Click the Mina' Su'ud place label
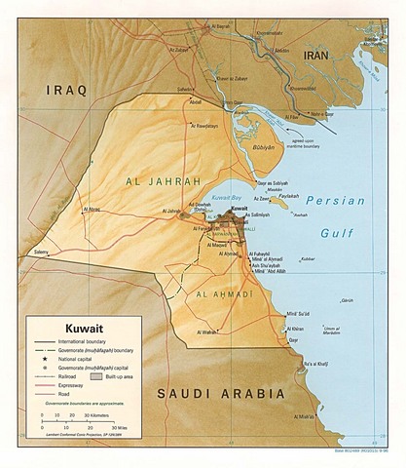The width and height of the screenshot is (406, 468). [298, 314]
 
